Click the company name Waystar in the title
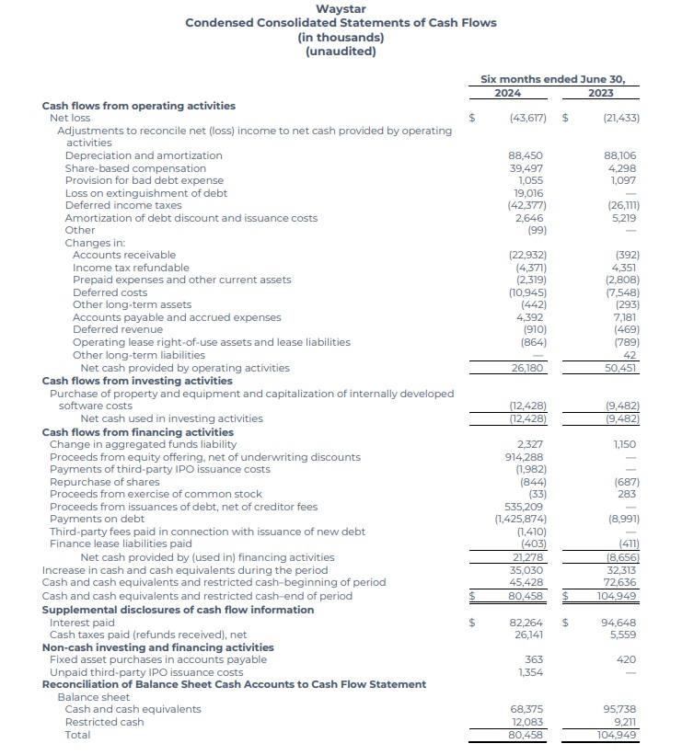pyautogui.click(x=341, y=9)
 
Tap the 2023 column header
pyautogui.click(x=601, y=93)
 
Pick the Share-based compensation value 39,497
pyautogui.click(x=526, y=168)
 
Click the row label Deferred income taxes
pyautogui.click(x=123, y=206)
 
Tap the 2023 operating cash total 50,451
pyautogui.click(x=621, y=368)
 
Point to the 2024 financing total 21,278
pyautogui.click(x=527, y=557)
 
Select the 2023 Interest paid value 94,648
pyautogui.click(x=620, y=623)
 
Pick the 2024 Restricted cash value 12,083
pyautogui.click(x=527, y=722)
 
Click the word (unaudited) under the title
pyautogui.click(x=341, y=51)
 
